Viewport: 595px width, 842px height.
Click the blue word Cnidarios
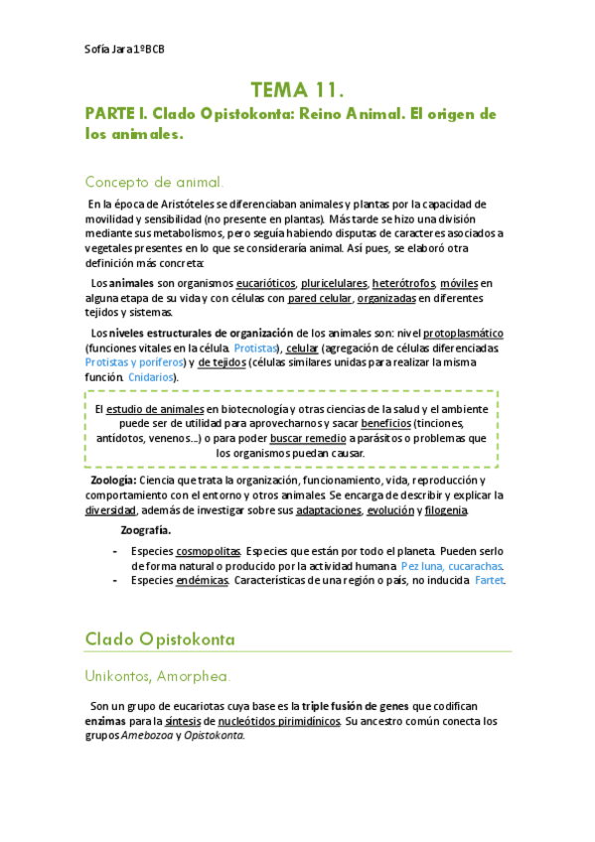(151, 377)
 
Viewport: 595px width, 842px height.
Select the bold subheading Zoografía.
(145, 529)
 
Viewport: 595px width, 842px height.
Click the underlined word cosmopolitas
(208, 552)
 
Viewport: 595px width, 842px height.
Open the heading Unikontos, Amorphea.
(158, 676)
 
